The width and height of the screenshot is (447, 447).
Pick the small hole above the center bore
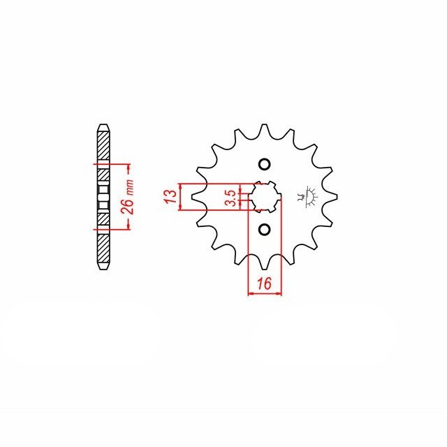point(264,165)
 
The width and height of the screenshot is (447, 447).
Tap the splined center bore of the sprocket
point(265,197)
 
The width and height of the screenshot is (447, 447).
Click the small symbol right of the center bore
point(308,195)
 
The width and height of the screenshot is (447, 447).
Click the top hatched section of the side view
point(102,147)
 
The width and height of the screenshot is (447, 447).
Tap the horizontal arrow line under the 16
point(265,293)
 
